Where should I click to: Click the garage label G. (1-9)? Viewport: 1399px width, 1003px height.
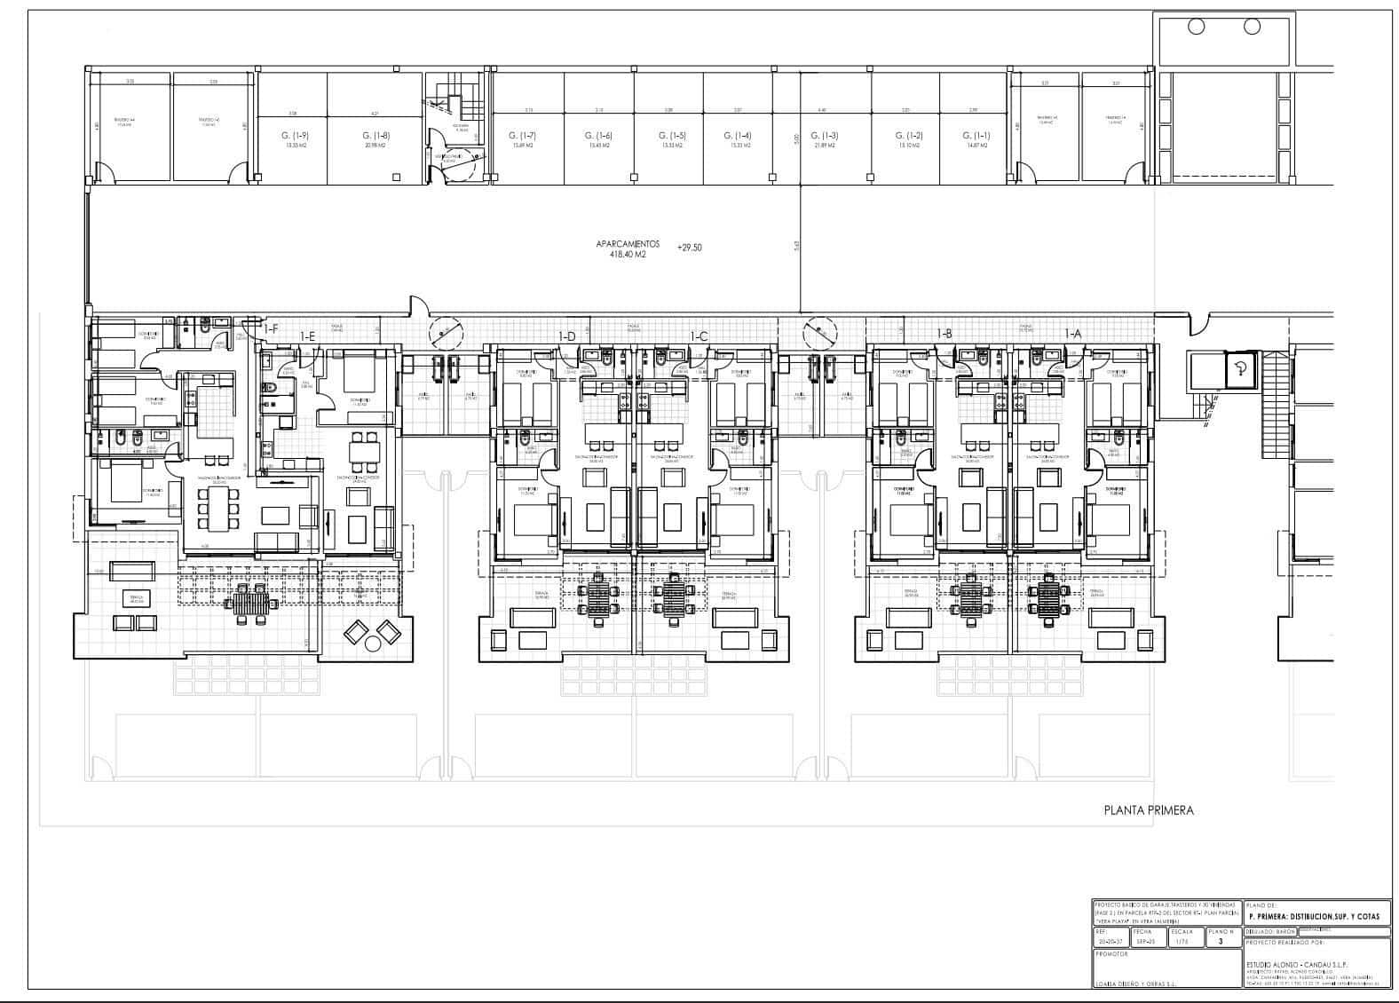288,136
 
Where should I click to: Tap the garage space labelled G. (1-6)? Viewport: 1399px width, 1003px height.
598,136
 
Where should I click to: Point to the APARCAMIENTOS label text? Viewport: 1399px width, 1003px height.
628,243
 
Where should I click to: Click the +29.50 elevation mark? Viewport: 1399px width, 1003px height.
689,248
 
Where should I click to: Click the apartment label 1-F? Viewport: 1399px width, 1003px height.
271,329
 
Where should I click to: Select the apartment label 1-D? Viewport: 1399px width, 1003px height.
566,336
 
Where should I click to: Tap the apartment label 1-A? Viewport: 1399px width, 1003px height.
1073,334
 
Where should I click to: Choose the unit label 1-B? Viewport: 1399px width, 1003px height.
945,334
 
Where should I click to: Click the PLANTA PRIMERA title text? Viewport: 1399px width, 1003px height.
1149,810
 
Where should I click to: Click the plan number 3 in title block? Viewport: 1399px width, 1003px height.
1221,942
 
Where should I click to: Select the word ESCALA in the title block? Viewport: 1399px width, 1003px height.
1182,932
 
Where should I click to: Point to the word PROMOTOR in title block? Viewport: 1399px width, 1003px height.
1115,954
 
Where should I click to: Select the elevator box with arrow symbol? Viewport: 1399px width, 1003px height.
1241,370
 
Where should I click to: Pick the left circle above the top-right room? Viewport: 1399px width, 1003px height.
1194,26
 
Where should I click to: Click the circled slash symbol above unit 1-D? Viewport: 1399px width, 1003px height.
446,333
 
